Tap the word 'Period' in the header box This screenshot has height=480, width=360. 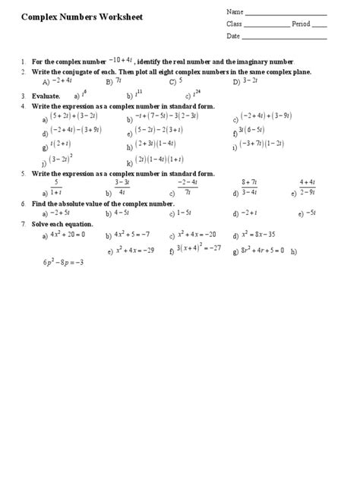point(301,24)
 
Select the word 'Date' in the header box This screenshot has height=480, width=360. point(232,36)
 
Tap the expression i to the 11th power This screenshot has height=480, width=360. point(138,95)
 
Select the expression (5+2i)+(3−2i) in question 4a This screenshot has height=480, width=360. point(75,117)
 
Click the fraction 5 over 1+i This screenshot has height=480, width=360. point(55,188)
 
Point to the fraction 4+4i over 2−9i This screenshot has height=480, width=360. point(308,188)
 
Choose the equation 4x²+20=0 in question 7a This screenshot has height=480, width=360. point(68,235)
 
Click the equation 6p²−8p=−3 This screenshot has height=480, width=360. point(63,263)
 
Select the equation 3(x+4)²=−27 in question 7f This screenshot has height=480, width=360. point(198,248)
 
